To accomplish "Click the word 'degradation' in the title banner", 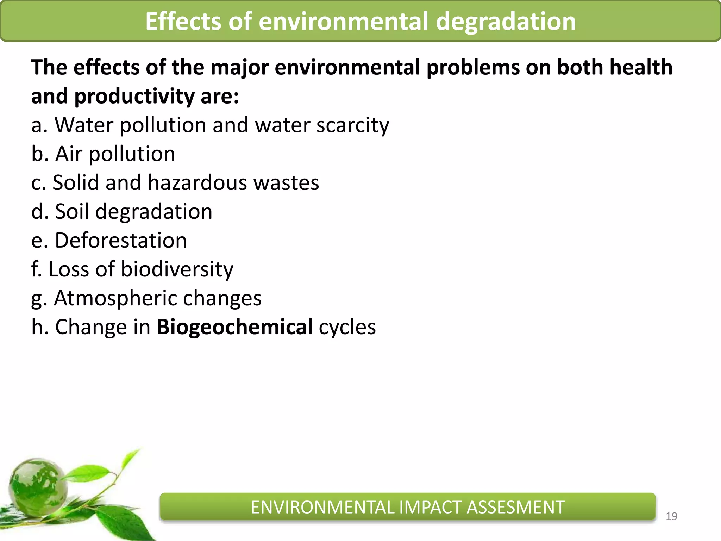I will coord(506,22).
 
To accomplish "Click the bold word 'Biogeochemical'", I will coord(234,327).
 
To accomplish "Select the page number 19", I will coord(671,516).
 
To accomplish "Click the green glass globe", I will coord(38,486).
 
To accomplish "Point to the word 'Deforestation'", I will coord(121,241).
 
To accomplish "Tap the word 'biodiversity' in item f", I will coord(177,269).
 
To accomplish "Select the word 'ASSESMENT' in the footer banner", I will coord(515,508).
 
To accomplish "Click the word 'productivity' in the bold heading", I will coord(134,97).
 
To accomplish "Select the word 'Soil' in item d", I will coord(72,212).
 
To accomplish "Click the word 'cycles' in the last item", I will coord(347,328).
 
